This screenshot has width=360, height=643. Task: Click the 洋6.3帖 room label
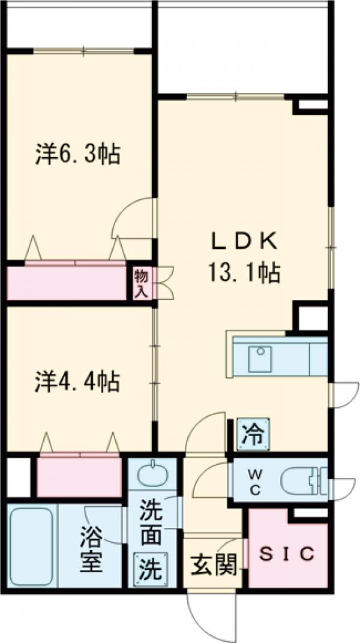coord(77,154)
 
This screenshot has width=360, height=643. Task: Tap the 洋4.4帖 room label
coord(76,381)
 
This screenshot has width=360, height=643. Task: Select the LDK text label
coord(244,241)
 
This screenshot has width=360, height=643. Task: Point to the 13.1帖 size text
coord(244,274)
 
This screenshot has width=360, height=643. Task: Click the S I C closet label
coord(287,554)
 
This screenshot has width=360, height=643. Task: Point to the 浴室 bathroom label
coord(91,548)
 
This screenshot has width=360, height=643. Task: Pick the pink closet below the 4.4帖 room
coord(79,476)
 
